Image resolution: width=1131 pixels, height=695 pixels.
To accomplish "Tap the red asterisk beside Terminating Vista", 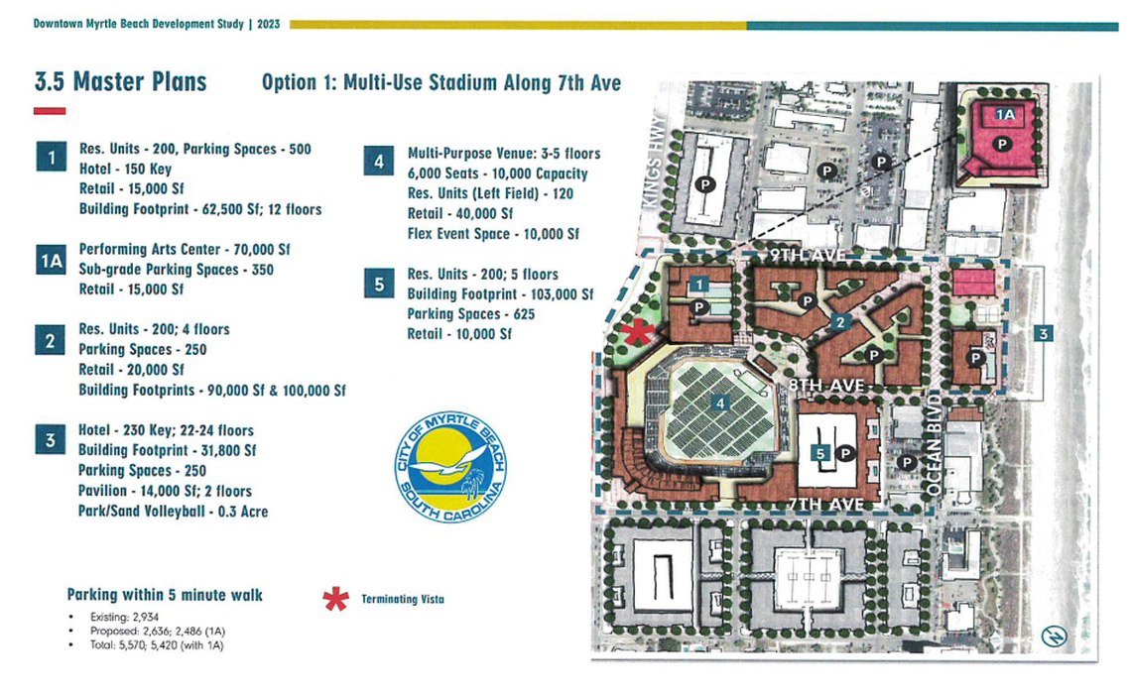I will click(x=336, y=599).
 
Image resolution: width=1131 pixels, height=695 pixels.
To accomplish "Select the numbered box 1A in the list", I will click(x=51, y=261).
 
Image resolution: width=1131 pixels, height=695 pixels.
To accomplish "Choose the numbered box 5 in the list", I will click(x=378, y=286).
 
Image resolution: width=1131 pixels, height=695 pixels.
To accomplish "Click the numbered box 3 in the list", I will click(x=51, y=441).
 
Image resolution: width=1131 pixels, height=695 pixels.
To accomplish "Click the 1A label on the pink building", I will click(x=1005, y=115).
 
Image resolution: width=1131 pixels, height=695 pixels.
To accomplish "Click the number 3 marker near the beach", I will click(x=1042, y=335).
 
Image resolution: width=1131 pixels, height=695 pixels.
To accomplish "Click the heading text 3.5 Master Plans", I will click(x=120, y=82).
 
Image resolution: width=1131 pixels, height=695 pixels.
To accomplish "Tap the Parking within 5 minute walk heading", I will click(x=165, y=595).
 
